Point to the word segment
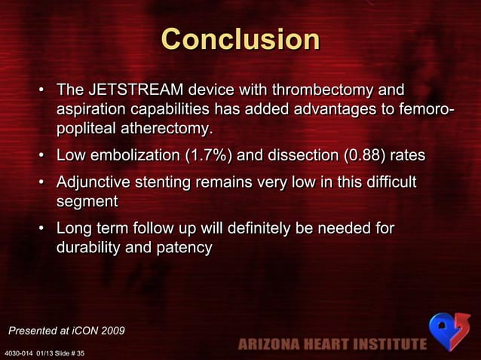(87, 201)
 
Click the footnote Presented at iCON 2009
(66, 331)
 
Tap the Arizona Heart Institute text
(332, 345)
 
